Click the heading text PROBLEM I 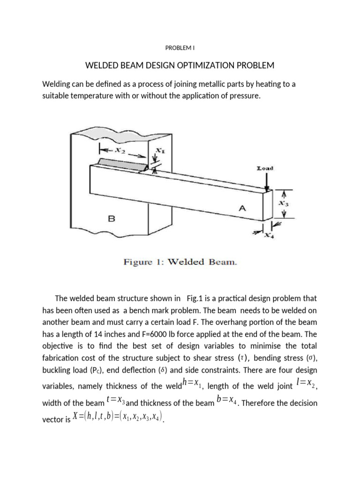[180, 47]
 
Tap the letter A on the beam [242, 210]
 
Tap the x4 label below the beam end [269, 235]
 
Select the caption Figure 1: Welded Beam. [180, 262]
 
